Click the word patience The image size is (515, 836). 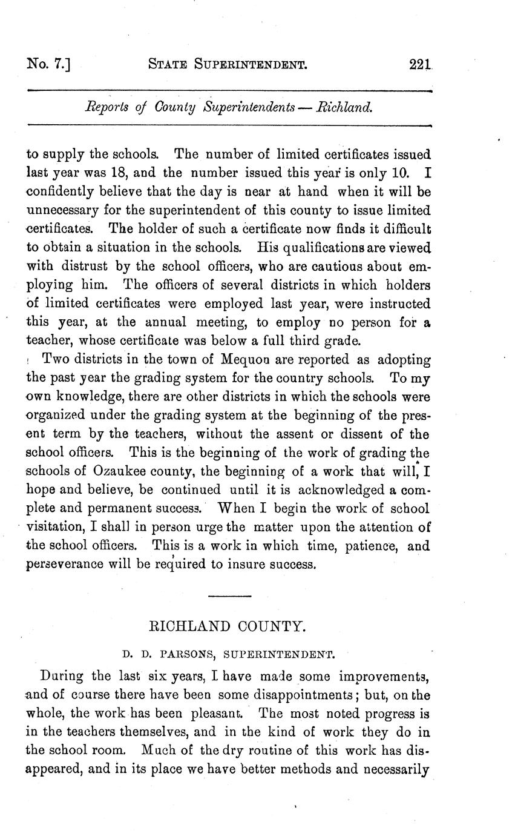tap(370, 546)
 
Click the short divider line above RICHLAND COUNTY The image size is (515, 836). tap(229, 597)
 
